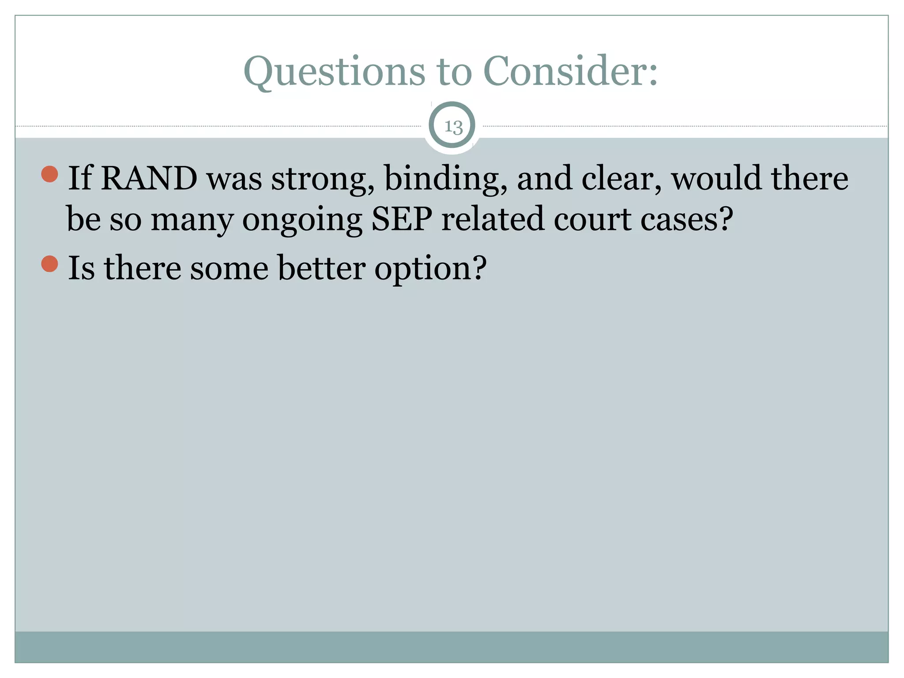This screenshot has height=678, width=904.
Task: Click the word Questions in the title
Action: click(x=334, y=72)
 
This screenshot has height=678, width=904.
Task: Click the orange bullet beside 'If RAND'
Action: click(x=49, y=174)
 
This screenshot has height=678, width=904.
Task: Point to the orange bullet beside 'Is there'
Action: click(x=49, y=264)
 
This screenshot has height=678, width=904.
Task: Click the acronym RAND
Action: click(x=149, y=178)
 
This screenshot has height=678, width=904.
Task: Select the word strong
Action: click(x=323, y=179)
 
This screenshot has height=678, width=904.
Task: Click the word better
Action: click(x=321, y=268)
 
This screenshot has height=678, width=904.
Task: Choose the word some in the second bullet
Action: click(x=229, y=268)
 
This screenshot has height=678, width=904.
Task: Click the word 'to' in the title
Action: click(x=454, y=72)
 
